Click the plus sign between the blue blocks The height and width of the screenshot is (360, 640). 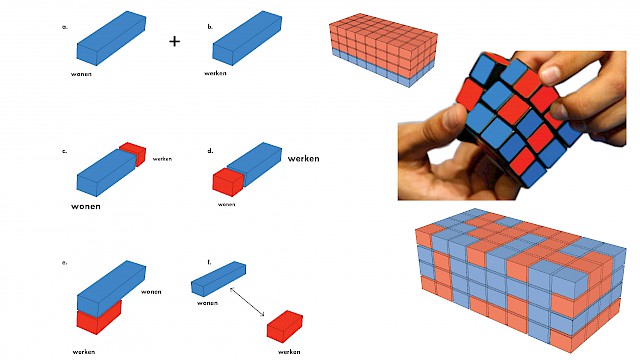[174, 41]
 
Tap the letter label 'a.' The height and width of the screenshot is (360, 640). [64, 27]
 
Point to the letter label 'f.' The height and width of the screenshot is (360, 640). [209, 262]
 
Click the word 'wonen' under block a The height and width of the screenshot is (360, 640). [81, 74]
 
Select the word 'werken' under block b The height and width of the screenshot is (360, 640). [215, 73]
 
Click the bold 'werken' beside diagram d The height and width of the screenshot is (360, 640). [303, 158]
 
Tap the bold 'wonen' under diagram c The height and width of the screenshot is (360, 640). [86, 206]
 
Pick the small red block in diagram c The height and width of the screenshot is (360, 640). [134, 153]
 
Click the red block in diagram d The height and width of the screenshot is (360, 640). [228, 182]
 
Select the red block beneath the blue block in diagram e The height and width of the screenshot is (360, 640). [99, 318]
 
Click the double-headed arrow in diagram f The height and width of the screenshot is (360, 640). [247, 302]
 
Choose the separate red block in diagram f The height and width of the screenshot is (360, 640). [284, 325]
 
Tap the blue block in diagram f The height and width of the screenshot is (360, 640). [218, 278]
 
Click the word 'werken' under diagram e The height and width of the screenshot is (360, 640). [84, 351]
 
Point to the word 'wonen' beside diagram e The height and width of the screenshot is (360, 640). [151, 291]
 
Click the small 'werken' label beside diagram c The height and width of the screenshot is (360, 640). [162, 159]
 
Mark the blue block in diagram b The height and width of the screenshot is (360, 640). [247, 38]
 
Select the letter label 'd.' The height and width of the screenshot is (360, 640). [210, 151]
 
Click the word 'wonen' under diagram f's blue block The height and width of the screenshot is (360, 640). [207, 303]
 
